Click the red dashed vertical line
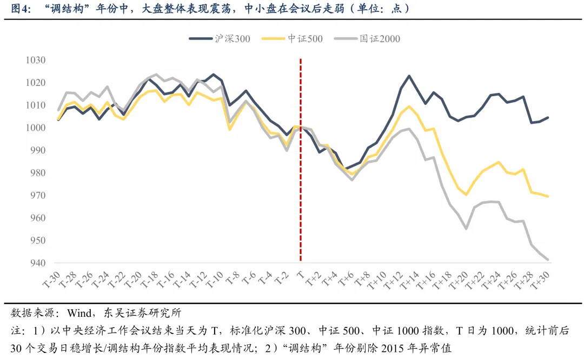(x=301, y=162)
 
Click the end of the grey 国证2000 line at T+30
(x=548, y=259)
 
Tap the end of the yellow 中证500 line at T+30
(x=548, y=196)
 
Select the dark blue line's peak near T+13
(x=408, y=76)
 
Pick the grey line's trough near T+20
(x=466, y=229)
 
